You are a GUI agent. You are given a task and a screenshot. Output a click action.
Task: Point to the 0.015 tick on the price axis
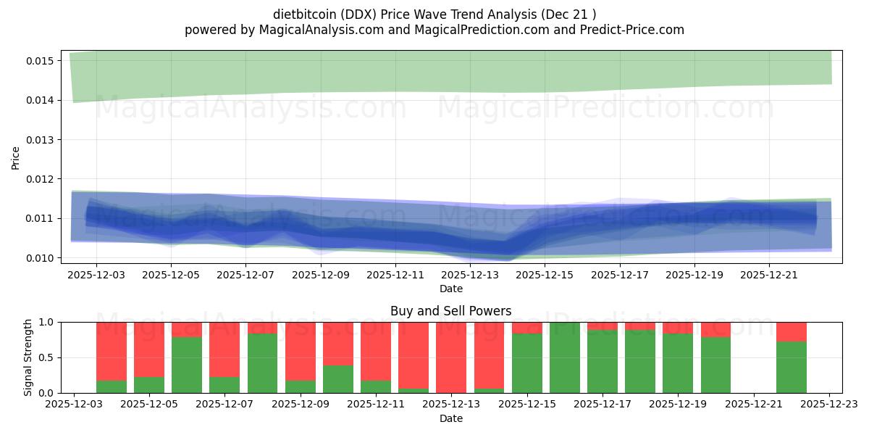41,60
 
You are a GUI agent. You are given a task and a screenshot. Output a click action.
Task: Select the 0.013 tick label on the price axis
41,139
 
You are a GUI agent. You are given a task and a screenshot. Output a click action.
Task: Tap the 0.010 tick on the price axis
41,257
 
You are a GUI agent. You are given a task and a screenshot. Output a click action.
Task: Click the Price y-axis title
16,157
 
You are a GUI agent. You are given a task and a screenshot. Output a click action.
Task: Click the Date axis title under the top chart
450,289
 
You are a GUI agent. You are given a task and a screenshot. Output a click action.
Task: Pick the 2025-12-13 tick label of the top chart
470,275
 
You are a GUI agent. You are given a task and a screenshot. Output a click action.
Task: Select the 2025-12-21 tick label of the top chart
769,275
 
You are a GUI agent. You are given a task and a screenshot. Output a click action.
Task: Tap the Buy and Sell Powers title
450,311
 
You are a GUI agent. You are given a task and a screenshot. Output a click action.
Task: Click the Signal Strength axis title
28,357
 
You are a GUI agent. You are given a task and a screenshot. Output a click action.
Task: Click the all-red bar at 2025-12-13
451,357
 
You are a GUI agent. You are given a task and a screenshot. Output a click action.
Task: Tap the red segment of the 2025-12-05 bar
149,349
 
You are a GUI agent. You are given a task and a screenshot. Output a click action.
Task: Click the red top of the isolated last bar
791,331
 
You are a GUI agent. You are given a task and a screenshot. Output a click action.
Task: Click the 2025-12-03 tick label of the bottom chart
73,405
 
